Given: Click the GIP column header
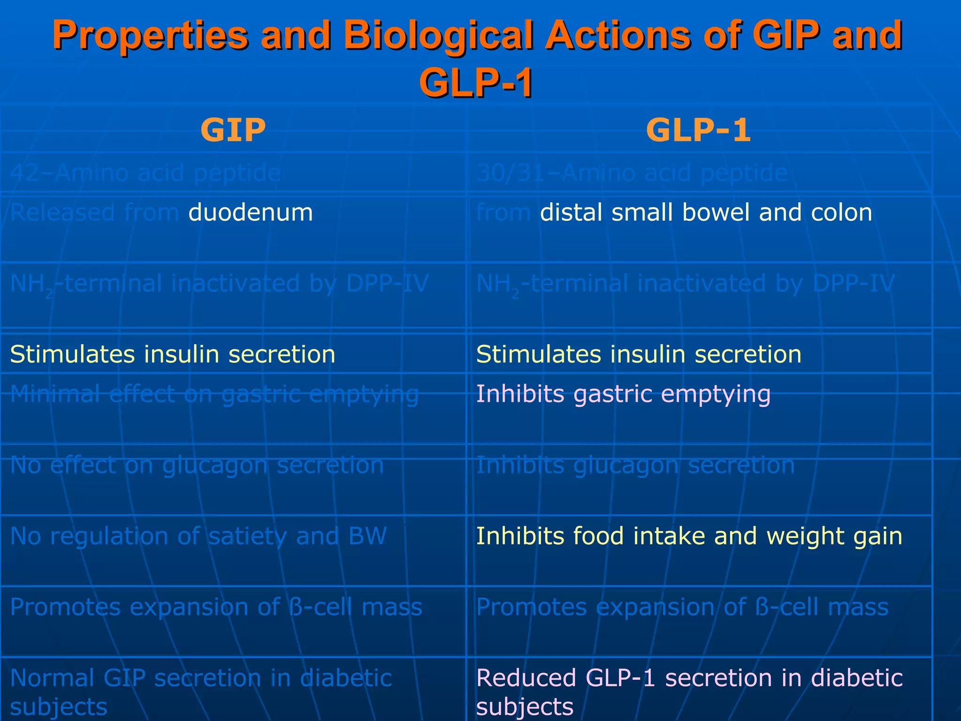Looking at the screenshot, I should point(233,130).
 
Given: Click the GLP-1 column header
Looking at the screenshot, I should point(698,130).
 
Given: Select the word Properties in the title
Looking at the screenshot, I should point(150,35).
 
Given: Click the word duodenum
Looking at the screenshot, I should point(251,213).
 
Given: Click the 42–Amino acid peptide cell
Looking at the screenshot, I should point(145,173).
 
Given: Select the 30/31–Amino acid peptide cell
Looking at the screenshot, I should point(632,173).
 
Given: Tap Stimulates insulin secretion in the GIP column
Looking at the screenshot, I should point(173,354).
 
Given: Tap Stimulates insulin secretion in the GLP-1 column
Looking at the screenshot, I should point(639,354).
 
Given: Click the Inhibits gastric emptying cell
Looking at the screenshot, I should point(623,394).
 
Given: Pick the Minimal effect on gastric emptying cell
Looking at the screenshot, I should point(214,394).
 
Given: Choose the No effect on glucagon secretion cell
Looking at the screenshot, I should point(197,465).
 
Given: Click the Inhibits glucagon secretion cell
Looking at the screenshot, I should point(635,465).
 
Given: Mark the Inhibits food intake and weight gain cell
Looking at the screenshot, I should point(689,536).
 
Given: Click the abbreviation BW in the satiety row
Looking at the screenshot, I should point(367,536).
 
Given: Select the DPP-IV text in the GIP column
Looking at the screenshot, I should point(388,284).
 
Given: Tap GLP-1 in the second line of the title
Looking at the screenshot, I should point(476,83).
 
